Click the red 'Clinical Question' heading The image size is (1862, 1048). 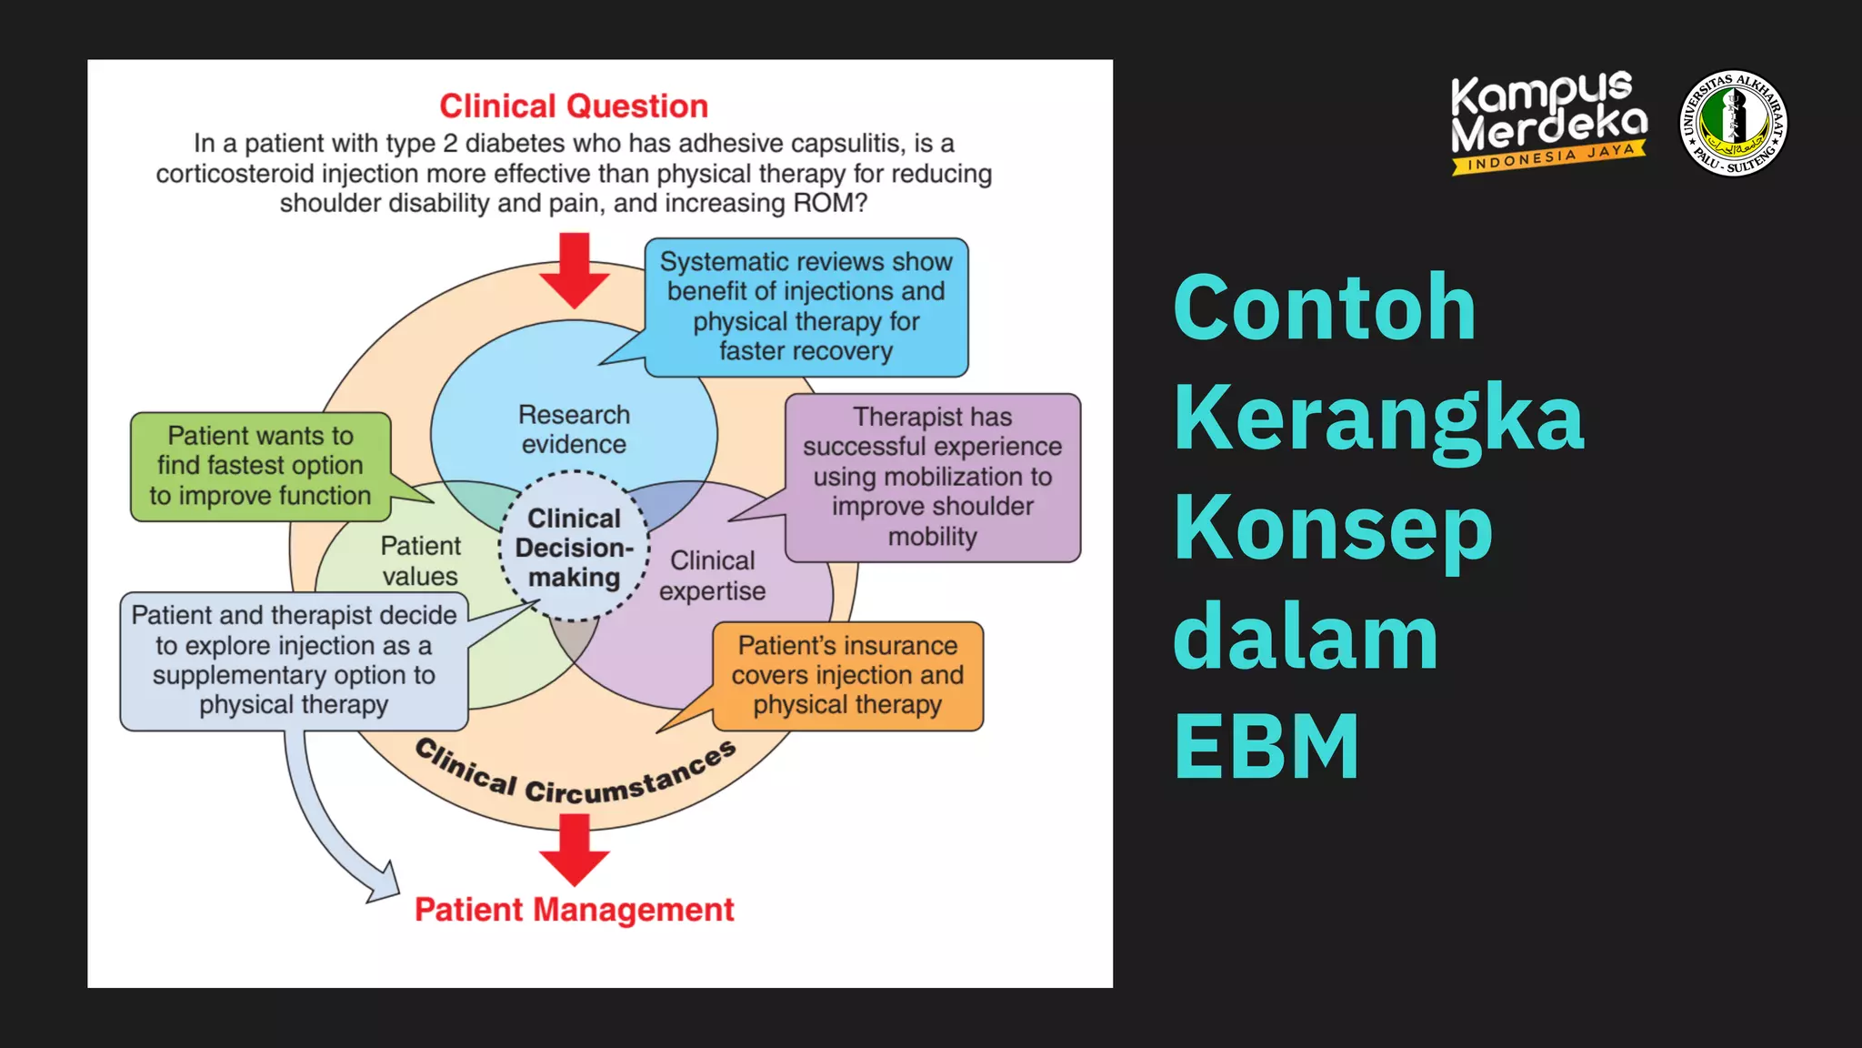(573, 106)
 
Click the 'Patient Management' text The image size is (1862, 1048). (574, 910)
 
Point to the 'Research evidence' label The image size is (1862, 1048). (574, 429)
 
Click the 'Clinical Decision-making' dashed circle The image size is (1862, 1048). (574, 548)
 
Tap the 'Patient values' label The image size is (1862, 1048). (420, 560)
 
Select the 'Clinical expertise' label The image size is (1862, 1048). (712, 576)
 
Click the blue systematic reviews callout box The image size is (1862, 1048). (806, 307)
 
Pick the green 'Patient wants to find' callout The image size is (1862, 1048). (260, 466)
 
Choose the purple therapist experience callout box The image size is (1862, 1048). (932, 477)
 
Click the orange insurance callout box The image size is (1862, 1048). (847, 675)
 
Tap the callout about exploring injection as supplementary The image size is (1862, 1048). (294, 660)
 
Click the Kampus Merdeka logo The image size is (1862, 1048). (1547, 122)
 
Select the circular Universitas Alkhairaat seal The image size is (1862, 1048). (1733, 123)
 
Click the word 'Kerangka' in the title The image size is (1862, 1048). (1378, 418)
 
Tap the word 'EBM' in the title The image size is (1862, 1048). (1266, 747)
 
